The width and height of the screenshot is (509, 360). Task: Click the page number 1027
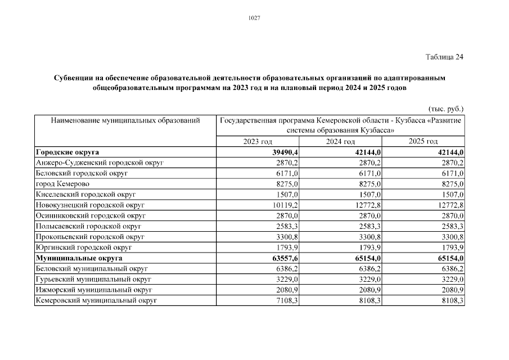point(254,18)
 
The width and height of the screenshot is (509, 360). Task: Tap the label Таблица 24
point(444,57)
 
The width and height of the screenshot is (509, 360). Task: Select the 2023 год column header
point(258,141)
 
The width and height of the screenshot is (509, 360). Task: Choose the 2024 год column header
point(340,141)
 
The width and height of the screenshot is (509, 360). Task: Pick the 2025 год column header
point(423,141)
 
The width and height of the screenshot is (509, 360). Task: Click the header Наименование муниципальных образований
point(125,120)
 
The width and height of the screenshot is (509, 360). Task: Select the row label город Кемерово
point(62,184)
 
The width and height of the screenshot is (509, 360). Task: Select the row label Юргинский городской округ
point(84,247)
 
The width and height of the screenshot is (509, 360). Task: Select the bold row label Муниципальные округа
point(79,258)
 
